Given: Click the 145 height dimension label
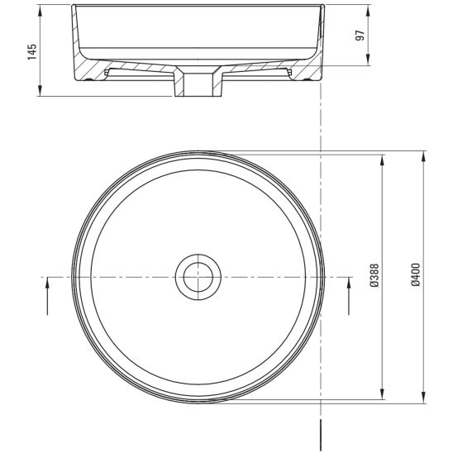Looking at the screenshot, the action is (32, 52).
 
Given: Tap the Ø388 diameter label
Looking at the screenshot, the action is (374, 275).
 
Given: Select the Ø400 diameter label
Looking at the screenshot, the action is (416, 274).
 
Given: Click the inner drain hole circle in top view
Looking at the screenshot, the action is (198, 278).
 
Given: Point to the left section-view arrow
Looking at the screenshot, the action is (47, 296).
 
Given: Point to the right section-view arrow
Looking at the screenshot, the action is (349, 296).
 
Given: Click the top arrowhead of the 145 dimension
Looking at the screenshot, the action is (41, 11).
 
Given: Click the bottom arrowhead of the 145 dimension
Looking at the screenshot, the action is (41, 90).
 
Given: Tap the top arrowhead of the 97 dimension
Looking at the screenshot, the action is (368, 11).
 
